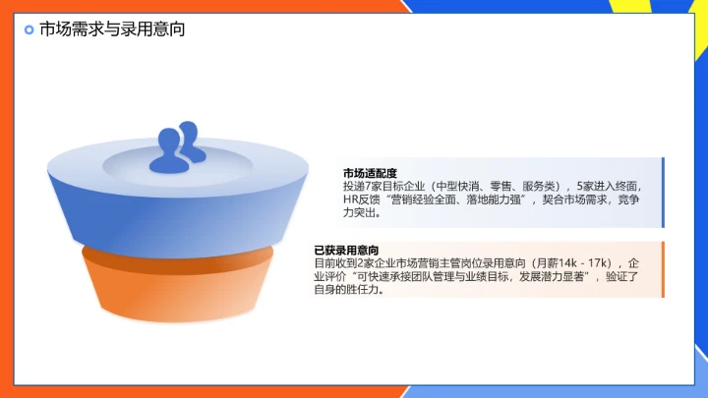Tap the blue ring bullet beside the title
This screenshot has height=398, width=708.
(29, 30)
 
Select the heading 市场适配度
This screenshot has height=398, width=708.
(370, 172)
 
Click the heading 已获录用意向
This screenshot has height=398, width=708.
(347, 251)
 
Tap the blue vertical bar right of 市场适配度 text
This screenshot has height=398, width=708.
(663, 192)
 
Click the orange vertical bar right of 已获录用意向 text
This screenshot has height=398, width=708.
(663, 269)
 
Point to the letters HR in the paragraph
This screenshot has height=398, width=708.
(351, 199)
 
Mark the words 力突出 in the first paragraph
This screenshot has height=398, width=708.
(360, 212)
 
